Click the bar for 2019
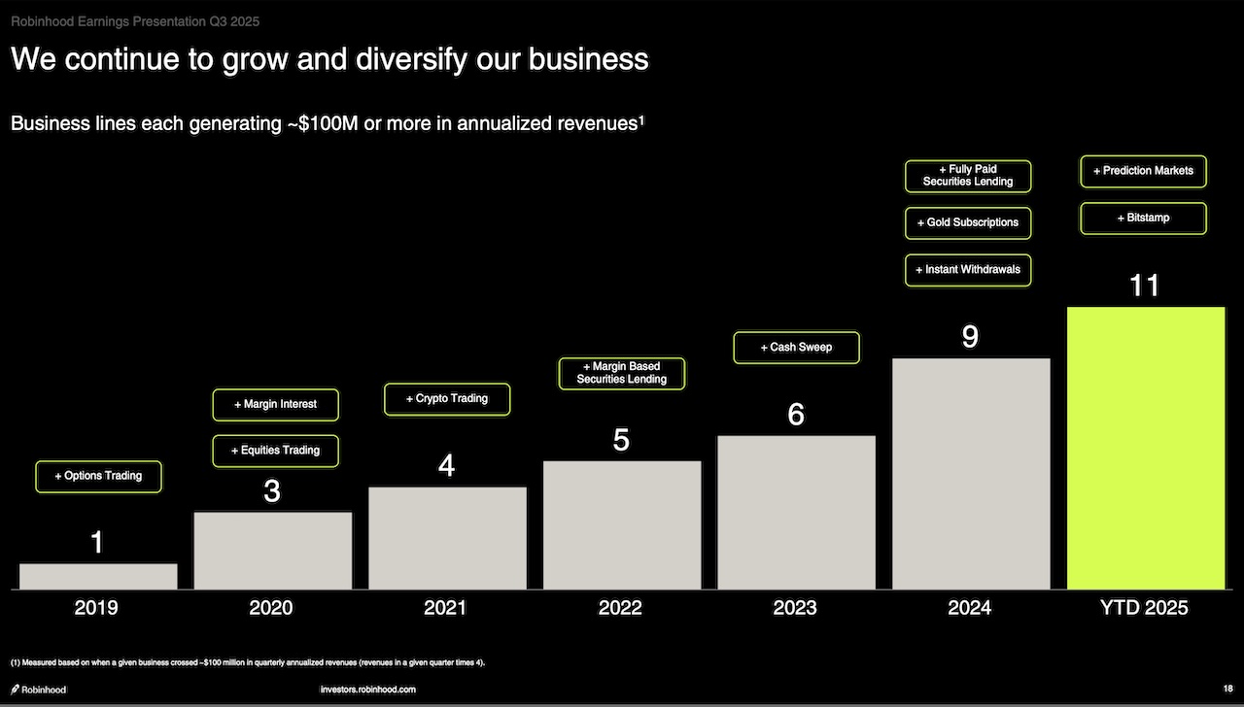(98, 576)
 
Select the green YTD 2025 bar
(1145, 448)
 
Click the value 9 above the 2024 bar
(970, 336)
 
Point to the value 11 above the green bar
(1145, 286)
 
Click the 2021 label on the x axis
(446, 608)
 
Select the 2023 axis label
(795, 608)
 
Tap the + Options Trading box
(98, 476)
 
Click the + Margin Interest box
(275, 404)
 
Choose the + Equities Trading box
(275, 451)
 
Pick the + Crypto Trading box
(447, 398)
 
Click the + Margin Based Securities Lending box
(622, 373)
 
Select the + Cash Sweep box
(796, 347)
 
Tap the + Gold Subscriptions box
(967, 222)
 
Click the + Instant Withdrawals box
(967, 269)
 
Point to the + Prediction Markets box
(1143, 171)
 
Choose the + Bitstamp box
(1143, 218)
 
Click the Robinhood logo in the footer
(39, 690)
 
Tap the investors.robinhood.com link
(367, 690)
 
